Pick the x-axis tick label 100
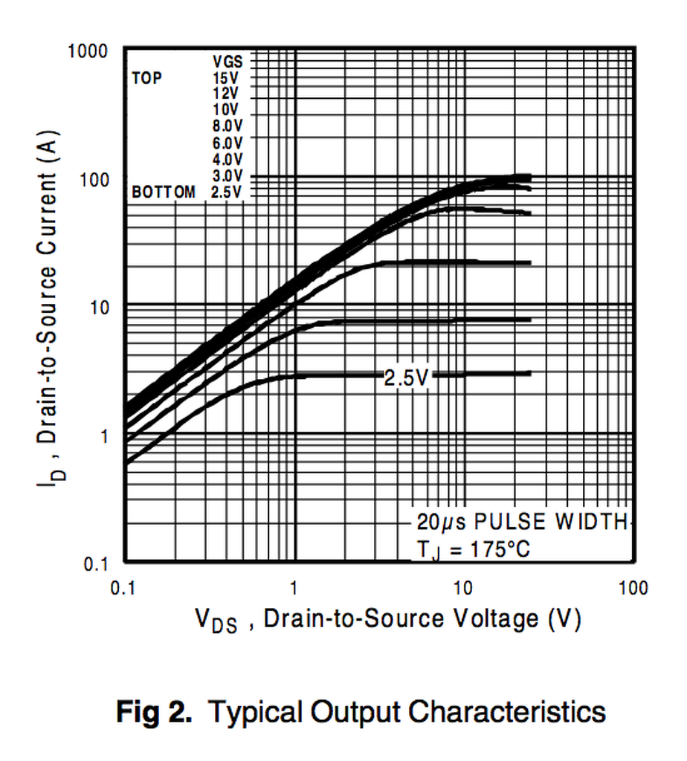(633, 589)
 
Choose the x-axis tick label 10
(463, 589)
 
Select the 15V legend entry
(226, 77)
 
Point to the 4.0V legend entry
(227, 158)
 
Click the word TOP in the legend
(146, 77)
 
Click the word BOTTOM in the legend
(164, 192)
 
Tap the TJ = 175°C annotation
(474, 550)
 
